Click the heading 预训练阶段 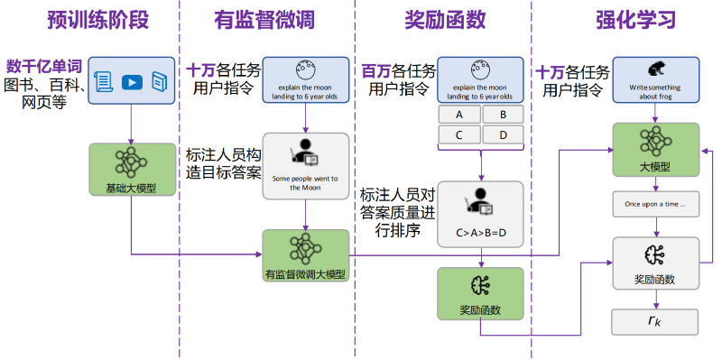point(98,20)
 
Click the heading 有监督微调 point(264,20)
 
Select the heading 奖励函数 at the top point(445,20)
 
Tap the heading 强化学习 point(636,20)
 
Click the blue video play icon point(132,83)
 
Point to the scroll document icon point(104,83)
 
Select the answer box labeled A point(459,115)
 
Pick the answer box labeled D point(503,134)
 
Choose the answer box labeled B point(503,115)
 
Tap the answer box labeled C point(459,134)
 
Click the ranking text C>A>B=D point(481,233)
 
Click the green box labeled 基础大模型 point(132,169)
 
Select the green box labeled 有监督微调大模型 point(306,255)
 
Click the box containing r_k point(654,322)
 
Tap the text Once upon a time point(654,204)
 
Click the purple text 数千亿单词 point(44,67)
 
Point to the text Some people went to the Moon point(305,183)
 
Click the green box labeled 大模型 point(655,150)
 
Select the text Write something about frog point(654,92)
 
